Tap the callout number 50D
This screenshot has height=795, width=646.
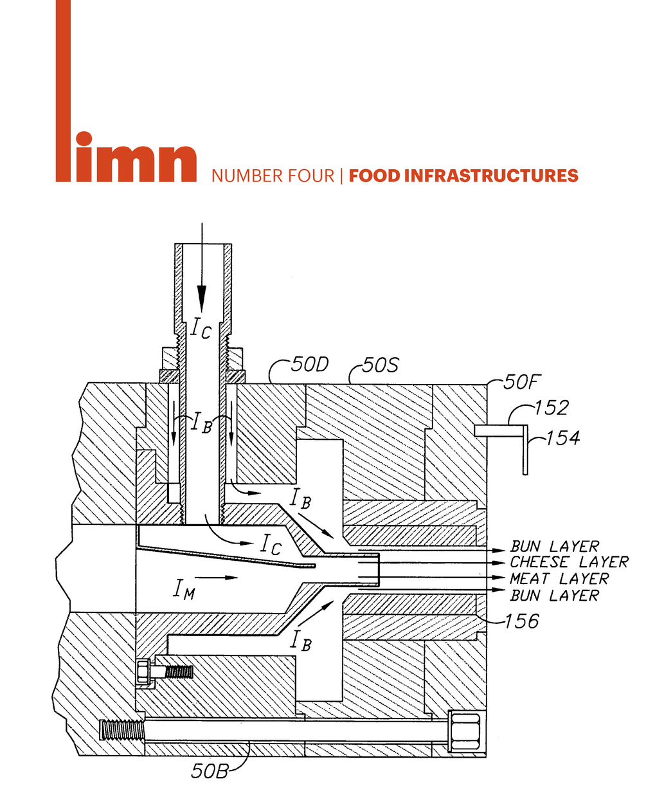pos(309,365)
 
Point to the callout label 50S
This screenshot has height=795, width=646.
pos(380,366)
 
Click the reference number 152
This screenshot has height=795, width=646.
pos(552,408)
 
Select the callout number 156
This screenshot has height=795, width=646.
pos(521,621)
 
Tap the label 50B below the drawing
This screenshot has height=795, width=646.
pos(210,771)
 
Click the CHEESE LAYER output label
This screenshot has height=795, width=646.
pos(570,562)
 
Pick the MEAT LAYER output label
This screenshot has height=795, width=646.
pos(559,579)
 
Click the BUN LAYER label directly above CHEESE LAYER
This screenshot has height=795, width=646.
pos(555,547)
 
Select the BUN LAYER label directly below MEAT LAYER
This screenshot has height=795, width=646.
pos(555,596)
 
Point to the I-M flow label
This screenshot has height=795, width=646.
pos(183,589)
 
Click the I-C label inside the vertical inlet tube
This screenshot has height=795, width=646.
pos(200,329)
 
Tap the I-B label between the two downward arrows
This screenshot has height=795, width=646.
pos(201,424)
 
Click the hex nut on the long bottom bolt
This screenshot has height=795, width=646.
pos(465,731)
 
